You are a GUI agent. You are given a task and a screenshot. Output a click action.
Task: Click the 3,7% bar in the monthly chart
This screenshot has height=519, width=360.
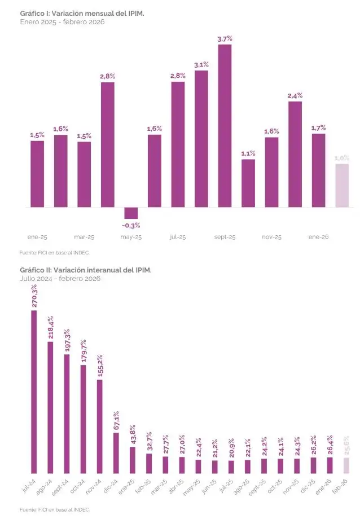(x=225, y=125)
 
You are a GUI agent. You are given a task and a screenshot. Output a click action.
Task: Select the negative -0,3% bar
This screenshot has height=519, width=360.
(x=131, y=213)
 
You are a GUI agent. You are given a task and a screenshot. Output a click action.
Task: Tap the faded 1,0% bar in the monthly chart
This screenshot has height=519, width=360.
(x=342, y=186)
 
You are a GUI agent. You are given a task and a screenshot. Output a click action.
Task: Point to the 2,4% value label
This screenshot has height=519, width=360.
(x=295, y=96)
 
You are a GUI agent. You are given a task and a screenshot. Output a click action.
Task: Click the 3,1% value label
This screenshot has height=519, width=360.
(x=201, y=65)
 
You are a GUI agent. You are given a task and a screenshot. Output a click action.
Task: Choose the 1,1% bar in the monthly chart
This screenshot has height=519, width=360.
(x=248, y=183)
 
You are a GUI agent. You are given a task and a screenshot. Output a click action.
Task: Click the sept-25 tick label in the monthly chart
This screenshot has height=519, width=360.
(x=225, y=237)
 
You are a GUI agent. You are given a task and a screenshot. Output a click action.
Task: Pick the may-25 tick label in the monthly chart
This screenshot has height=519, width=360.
(x=131, y=237)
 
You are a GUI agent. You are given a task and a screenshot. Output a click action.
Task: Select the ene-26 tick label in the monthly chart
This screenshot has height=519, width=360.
(x=318, y=237)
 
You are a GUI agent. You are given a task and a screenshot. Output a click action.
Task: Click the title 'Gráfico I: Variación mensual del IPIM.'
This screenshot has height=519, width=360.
(x=82, y=13)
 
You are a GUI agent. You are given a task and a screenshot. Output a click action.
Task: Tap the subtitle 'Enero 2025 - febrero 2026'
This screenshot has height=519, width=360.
(x=62, y=21)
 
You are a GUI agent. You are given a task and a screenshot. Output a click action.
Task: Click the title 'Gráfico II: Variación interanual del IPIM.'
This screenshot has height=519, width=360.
(x=86, y=270)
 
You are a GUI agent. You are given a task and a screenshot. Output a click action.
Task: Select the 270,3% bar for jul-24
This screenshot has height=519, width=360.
(x=34, y=392)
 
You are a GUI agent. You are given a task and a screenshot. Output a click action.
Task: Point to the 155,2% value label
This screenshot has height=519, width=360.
(x=100, y=366)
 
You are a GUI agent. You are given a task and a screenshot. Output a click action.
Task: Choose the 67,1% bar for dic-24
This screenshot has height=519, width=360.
(x=116, y=453)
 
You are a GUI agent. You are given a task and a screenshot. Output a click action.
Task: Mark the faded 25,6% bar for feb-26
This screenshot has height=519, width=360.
(x=346, y=465)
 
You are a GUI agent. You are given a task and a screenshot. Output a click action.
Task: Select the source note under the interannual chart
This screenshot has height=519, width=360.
(x=55, y=509)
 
